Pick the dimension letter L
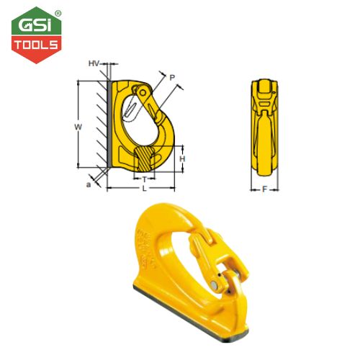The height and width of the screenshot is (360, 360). (x=145, y=189)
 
